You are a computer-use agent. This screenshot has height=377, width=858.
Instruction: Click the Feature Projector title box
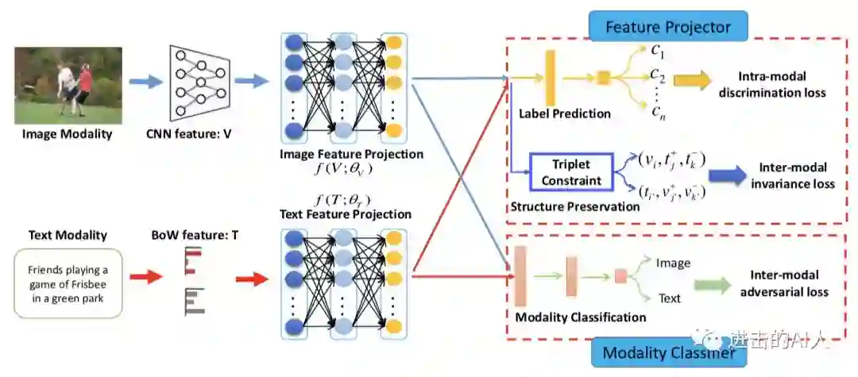668,27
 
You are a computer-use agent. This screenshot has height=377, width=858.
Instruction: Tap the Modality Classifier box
668,353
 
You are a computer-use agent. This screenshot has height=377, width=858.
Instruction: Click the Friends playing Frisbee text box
68,283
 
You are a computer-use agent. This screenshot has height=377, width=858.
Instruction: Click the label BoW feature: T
193,236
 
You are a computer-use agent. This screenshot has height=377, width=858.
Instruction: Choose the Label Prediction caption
565,113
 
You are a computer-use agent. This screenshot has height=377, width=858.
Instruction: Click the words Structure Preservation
574,207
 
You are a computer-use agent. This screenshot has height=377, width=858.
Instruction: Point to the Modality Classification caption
581,317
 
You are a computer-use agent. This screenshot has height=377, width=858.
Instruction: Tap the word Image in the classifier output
673,263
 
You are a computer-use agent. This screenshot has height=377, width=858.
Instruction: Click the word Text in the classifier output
670,298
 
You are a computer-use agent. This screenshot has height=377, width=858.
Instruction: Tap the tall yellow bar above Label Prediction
549,77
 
